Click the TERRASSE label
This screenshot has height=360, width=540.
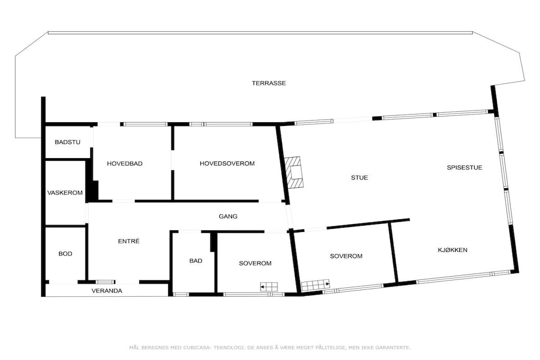(268, 83)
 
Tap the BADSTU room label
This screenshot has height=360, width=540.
(67, 142)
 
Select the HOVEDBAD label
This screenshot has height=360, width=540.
(124, 163)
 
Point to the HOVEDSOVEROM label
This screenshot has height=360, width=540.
(227, 163)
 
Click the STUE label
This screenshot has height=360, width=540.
(360, 177)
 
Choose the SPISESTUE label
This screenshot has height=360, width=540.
(465, 167)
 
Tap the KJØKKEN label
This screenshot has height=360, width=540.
(452, 249)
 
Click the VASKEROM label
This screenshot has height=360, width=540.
(65, 192)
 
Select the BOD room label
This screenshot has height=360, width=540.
(65, 254)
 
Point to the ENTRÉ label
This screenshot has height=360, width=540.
(129, 241)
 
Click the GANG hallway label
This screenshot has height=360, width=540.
(228, 216)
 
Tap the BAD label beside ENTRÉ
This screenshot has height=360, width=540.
(196, 260)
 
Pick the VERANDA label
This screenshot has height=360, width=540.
(107, 290)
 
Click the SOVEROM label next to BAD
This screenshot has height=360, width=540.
(255, 263)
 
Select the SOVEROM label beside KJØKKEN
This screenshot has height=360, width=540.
(346, 256)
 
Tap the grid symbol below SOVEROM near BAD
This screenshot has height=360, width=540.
(269, 287)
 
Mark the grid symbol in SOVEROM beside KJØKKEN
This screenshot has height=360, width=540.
(315, 284)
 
